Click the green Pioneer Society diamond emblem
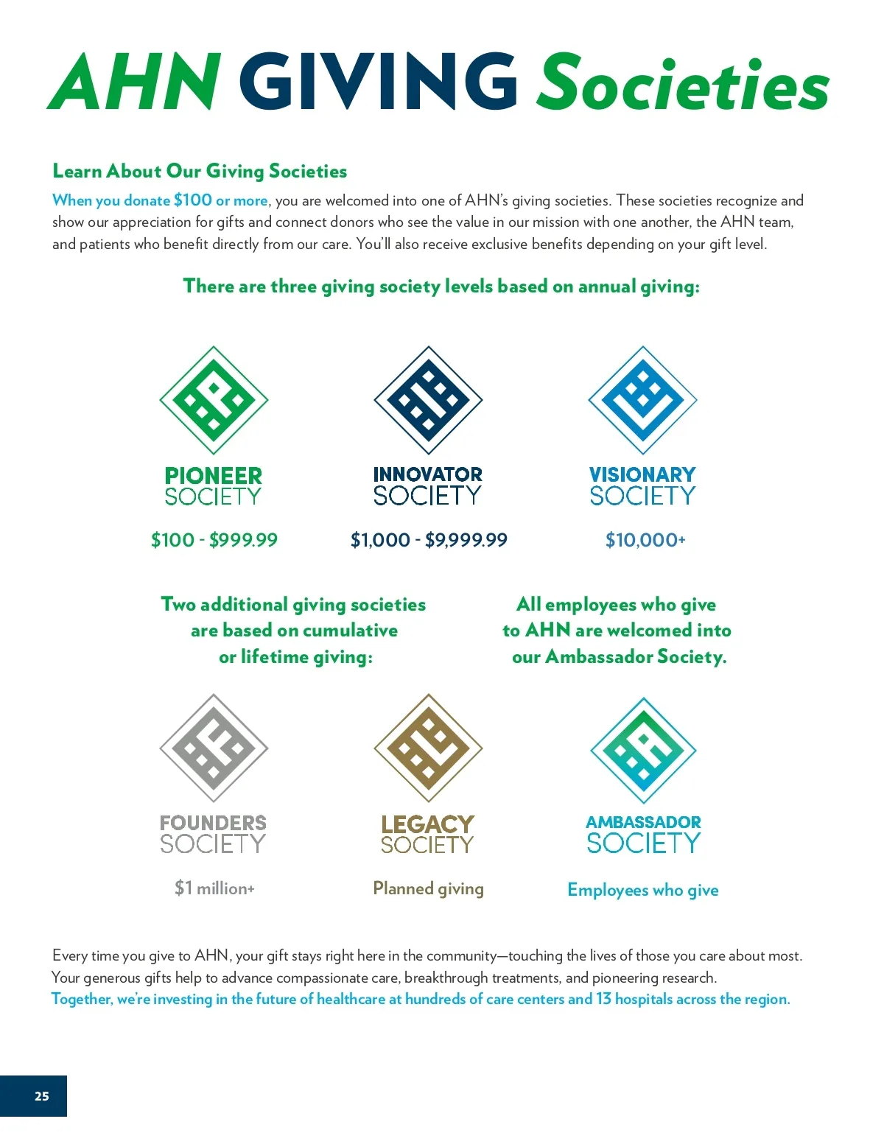click(214, 400)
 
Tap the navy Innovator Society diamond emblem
click(428, 400)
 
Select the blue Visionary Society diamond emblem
click(642, 400)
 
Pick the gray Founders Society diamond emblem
click(214, 748)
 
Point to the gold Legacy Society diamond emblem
click(428, 748)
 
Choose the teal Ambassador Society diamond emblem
click(643, 750)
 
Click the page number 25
click(41, 1096)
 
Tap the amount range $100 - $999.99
click(214, 540)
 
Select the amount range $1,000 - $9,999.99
click(429, 540)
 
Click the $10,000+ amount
click(645, 540)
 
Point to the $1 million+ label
click(214, 888)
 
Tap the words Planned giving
click(428, 888)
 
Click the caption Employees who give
click(642, 890)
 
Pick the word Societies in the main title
click(683, 83)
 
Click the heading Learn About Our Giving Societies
click(200, 171)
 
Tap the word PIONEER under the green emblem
click(214, 475)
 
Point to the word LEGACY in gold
click(428, 824)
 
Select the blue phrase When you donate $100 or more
click(160, 200)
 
